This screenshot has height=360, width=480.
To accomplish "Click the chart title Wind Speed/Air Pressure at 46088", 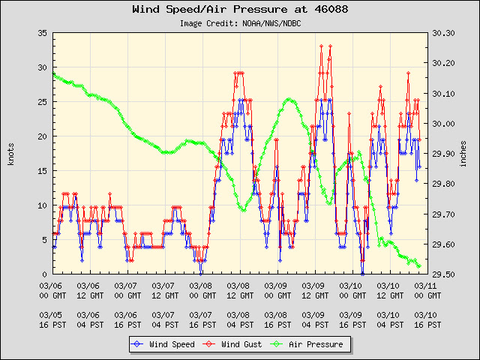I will tap(240, 10).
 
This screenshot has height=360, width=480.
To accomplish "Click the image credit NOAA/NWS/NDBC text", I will tap(240, 23).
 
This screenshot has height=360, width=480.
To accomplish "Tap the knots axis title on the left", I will tap(11, 154).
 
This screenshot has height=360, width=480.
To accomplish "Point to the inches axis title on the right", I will tap(465, 154).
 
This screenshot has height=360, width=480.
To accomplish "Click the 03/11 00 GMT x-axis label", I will tap(427, 290).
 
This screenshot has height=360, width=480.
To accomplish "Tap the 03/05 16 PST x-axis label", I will tap(52, 320).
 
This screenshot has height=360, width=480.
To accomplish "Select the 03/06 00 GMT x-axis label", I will tap(52, 290).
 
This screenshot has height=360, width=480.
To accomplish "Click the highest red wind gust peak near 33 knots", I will tap(322, 46).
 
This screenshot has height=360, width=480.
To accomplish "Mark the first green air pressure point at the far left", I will tap(52, 73).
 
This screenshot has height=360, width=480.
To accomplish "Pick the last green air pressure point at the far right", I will tap(418, 266).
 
